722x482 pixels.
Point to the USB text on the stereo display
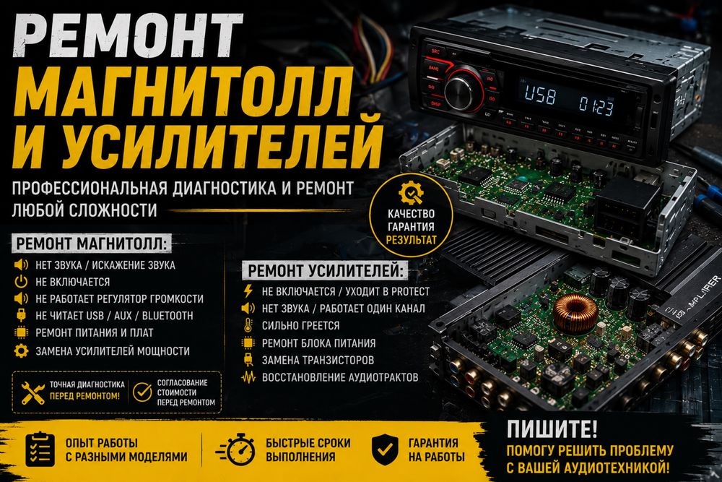coord(540,95)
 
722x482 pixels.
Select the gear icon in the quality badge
coord(411,193)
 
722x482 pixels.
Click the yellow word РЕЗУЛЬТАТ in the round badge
coord(411,240)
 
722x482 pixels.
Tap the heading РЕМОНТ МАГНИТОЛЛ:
coord(91,244)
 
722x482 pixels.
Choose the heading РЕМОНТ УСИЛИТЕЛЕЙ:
coord(325,271)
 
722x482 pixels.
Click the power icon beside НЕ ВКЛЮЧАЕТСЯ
coord(21,282)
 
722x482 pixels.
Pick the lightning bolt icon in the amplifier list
coord(248,291)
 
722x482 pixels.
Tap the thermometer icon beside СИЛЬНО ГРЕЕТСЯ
coord(248,325)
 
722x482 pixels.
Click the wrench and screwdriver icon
coord(33,393)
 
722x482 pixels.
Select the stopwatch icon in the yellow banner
coord(236,449)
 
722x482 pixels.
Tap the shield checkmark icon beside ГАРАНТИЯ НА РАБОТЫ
coord(385,449)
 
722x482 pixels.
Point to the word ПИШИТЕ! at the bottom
coord(552,429)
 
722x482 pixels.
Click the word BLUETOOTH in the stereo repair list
coord(168,316)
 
